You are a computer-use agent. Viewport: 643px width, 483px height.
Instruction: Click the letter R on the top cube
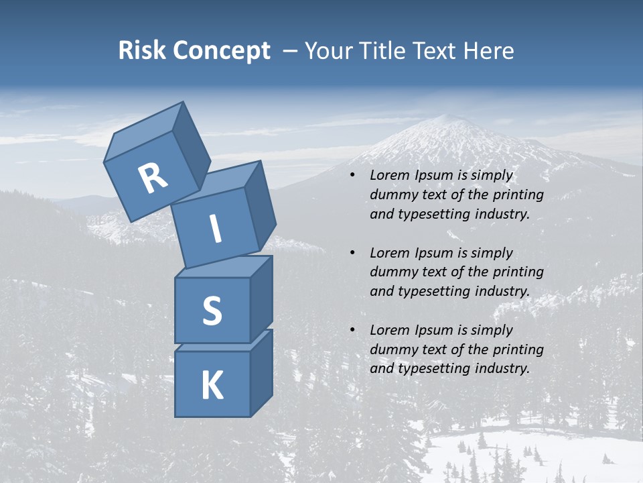pyautogui.click(x=153, y=178)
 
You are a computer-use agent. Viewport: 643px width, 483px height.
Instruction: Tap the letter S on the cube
pyautogui.click(x=212, y=311)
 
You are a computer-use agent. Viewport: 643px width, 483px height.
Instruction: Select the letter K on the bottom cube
pyautogui.click(x=212, y=386)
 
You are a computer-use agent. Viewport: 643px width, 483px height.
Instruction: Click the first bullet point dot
pyautogui.click(x=353, y=176)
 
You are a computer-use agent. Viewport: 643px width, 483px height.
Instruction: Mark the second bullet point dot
pyautogui.click(x=353, y=254)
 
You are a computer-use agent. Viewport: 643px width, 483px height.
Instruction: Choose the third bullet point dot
pyautogui.click(x=353, y=331)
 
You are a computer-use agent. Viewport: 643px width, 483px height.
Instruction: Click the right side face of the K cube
pyautogui.click(x=261, y=372)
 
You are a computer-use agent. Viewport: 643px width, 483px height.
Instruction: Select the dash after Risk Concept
pyautogui.click(x=291, y=50)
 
